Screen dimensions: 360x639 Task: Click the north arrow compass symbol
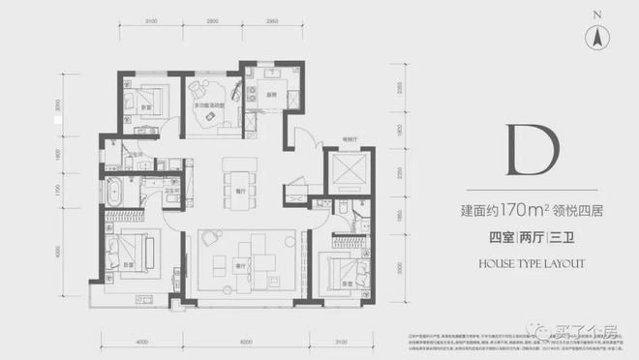point(599,38)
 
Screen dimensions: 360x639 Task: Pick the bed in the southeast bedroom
point(347,265)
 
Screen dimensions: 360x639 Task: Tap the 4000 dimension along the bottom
point(142,342)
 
